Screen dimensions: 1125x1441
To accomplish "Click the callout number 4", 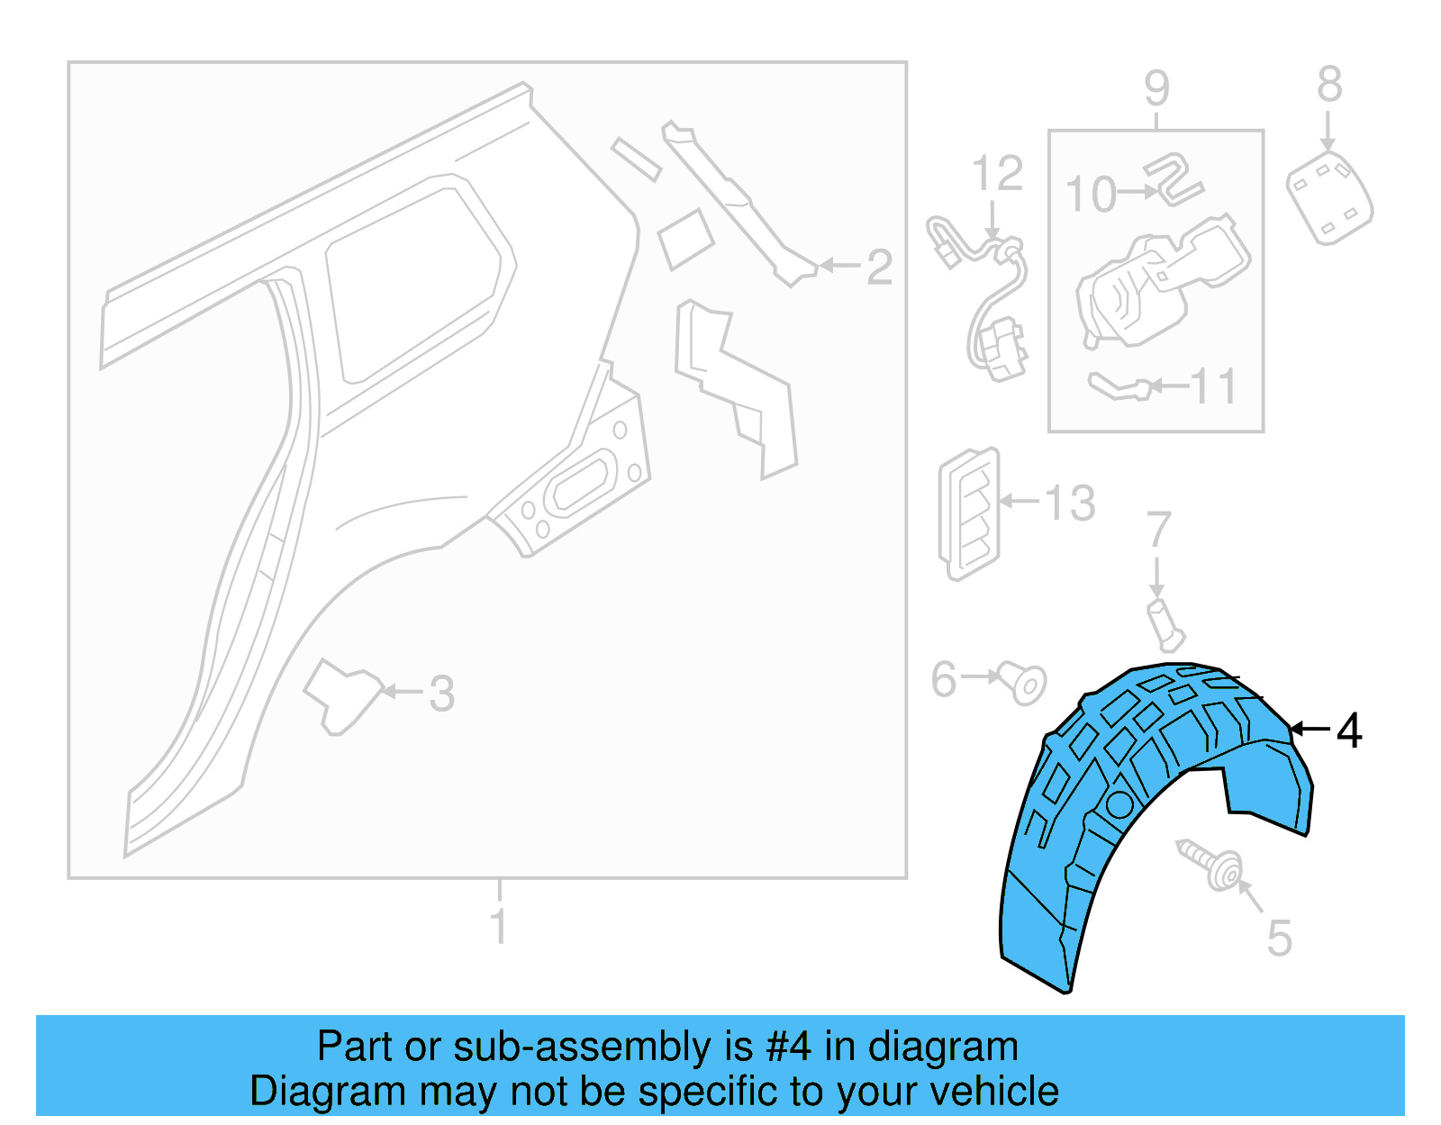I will (x=1348, y=730).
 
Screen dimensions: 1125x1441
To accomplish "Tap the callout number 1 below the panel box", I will (x=499, y=926).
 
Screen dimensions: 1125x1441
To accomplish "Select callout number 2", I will (x=879, y=267).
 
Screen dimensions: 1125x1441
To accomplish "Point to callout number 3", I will (x=441, y=694).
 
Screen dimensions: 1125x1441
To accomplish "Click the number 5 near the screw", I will (x=1279, y=939).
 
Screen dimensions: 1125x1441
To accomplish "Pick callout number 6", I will (x=943, y=679).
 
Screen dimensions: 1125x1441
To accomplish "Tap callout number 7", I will (x=1159, y=530).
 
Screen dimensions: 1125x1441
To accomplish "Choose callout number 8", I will (x=1329, y=86).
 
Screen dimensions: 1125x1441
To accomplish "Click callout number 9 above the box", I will (x=1156, y=89).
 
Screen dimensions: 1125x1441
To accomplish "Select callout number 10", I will (x=1091, y=195).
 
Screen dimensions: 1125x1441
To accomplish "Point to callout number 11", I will (x=1214, y=386).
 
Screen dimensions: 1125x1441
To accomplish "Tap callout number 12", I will (x=997, y=173).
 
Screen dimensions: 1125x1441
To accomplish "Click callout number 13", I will (x=1070, y=503).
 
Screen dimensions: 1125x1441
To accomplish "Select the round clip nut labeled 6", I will (x=1025, y=682).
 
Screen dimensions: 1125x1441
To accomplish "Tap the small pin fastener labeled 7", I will (x=1165, y=625).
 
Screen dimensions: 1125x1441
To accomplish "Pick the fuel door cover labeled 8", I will (x=1329, y=197).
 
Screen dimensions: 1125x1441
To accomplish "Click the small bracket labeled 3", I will (x=343, y=694).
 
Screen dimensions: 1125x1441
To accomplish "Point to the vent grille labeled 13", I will (x=969, y=513).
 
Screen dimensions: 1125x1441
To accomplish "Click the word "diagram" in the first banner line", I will (x=943, y=1047).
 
